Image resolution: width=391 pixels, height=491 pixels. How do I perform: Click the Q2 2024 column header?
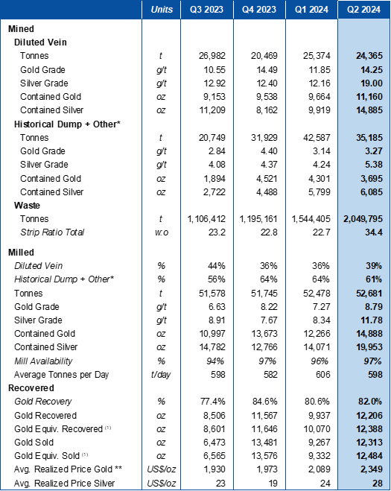pyautogui.click(x=363, y=10)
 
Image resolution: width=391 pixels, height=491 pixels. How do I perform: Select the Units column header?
pyautogui.click(x=162, y=10)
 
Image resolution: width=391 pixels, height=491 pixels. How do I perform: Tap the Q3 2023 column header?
pyautogui.click(x=206, y=10)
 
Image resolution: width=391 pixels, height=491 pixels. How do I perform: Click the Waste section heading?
pyautogui.click(x=28, y=206)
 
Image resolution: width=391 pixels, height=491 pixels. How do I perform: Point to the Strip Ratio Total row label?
pyautogui.click(x=52, y=232)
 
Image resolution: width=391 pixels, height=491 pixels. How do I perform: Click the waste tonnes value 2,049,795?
pyautogui.click(x=363, y=219)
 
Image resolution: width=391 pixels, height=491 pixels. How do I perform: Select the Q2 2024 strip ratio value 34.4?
pyautogui.click(x=373, y=232)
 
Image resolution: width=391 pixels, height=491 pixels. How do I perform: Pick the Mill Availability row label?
pyautogui.click(x=43, y=361)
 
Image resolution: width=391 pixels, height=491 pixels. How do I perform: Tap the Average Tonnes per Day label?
pyautogui.click(x=61, y=375)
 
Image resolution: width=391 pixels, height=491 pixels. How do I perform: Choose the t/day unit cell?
pyautogui.click(x=161, y=375)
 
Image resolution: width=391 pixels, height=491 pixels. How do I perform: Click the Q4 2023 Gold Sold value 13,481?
pyautogui.click(x=264, y=442)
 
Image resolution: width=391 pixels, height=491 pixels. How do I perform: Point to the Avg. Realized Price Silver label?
pyautogui.click(x=65, y=483)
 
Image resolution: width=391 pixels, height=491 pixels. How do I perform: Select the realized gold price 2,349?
pyautogui.click(x=372, y=469)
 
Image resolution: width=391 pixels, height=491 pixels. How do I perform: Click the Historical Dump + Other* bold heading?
pyautogui.click(x=67, y=124)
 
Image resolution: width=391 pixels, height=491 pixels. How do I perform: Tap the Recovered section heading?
pyautogui.click(x=31, y=388)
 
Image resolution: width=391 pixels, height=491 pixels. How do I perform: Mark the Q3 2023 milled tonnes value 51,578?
pyautogui.click(x=212, y=294)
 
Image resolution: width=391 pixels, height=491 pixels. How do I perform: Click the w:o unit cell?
pyautogui.click(x=162, y=232)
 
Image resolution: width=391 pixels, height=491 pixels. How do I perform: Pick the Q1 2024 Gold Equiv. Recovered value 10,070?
pyautogui.click(x=317, y=428)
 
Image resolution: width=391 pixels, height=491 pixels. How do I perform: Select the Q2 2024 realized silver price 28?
pyautogui.click(x=378, y=483)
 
